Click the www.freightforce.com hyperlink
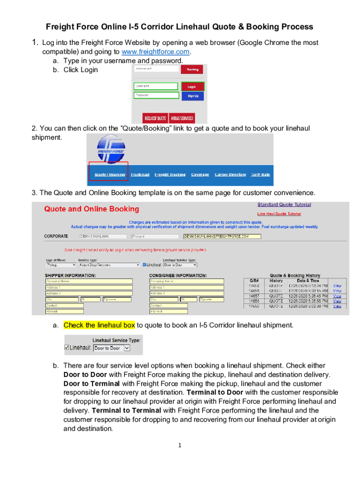click(x=156, y=51)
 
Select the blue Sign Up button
click(x=193, y=96)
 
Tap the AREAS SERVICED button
click(x=182, y=118)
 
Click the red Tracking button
click(x=193, y=69)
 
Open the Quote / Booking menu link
click(x=109, y=174)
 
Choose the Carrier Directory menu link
click(x=230, y=174)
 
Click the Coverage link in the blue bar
click(x=200, y=174)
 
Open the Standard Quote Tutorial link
click(x=284, y=204)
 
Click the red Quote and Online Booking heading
click(x=91, y=209)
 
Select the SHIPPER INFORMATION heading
click(x=70, y=275)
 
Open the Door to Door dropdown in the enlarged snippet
click(x=112, y=348)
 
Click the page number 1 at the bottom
click(x=180, y=445)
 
